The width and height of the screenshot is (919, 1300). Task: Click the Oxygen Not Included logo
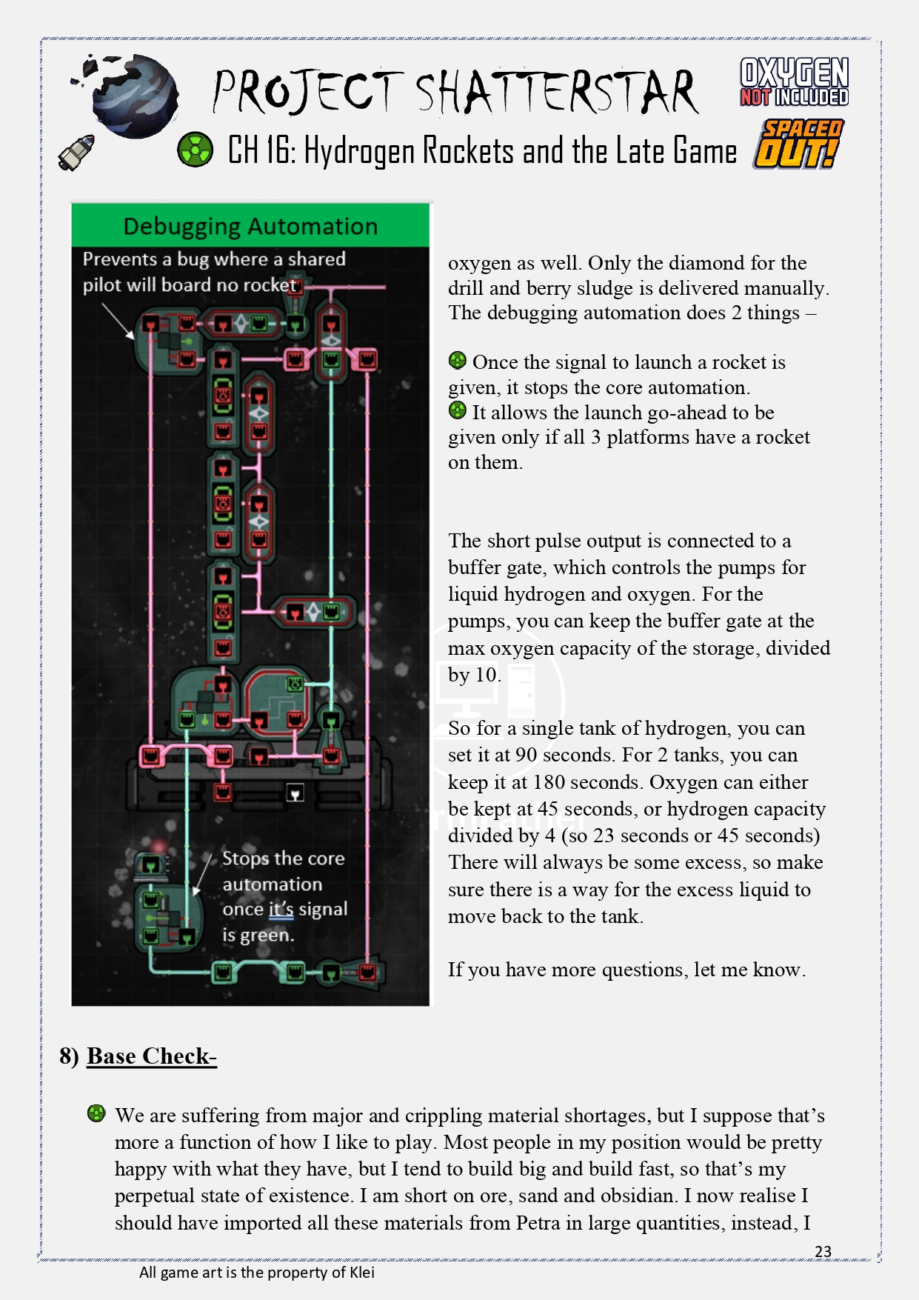point(794,82)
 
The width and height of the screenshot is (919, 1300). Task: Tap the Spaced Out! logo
point(799,144)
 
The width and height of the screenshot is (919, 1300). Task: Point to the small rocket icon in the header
point(77,152)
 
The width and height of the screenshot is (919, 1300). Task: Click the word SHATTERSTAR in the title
point(555,93)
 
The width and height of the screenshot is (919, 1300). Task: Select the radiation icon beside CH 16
point(196,150)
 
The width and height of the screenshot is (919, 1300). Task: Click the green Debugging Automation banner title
point(250,226)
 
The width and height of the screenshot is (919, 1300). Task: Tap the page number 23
point(823,1251)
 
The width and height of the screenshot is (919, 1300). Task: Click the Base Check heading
point(150,1056)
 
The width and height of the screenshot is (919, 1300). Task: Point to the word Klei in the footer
point(362,1273)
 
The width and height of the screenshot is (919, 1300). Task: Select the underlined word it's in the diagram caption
point(281,909)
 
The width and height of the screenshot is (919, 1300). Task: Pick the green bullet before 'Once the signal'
point(458,361)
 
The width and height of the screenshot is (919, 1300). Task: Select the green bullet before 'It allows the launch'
point(458,410)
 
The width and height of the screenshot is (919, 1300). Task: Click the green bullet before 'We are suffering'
point(96,1113)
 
